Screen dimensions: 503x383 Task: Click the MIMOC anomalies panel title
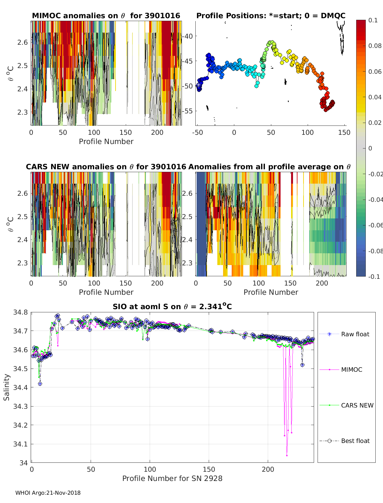coord(106,16)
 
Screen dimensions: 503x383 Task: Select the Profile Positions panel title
coord(271,16)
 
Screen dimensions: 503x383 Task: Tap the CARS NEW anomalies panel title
coord(106,167)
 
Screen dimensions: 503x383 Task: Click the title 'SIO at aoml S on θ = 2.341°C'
coord(172,307)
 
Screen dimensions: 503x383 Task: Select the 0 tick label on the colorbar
coord(370,148)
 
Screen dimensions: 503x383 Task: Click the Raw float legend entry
coord(355,334)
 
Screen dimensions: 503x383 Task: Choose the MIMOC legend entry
coord(351,370)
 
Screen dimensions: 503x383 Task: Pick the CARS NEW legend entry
coord(357,405)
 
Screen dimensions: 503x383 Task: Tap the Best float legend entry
coord(355,441)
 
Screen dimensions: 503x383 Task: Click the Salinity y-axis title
coord(7,387)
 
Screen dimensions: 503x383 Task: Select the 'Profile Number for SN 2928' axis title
coord(172,478)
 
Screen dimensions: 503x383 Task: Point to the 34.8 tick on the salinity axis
coord(20,312)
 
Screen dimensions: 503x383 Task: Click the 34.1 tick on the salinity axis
coord(20,444)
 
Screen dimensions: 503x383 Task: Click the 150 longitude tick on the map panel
coord(344,132)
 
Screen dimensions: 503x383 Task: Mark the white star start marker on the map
coord(199,85)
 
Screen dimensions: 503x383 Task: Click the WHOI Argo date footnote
coord(48,493)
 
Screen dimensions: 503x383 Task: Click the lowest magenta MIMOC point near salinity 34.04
coord(287,455)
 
